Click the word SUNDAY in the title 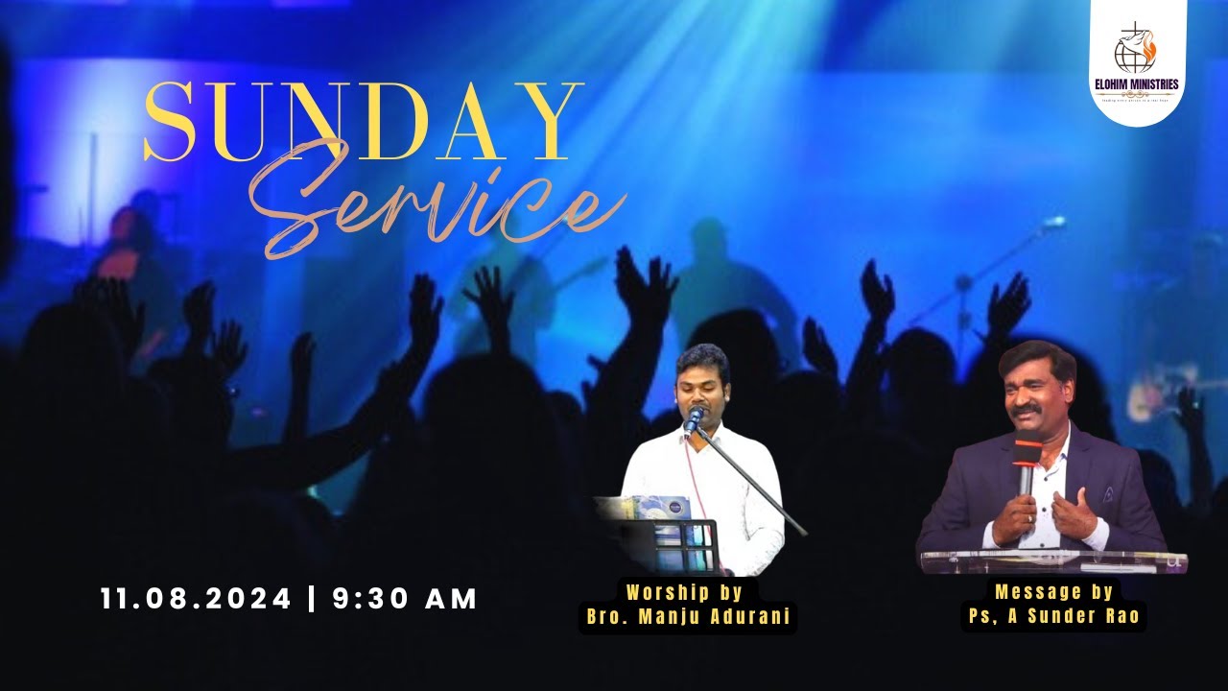point(364,122)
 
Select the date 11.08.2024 point(196,599)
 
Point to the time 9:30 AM point(405,599)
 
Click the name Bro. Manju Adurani point(689,617)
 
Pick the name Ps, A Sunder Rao point(1053,617)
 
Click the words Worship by point(689,592)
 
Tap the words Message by point(1053,592)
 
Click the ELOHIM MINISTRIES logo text point(1137,84)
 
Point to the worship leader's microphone point(694,419)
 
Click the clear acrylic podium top point(1053,560)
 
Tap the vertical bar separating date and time point(312,599)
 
